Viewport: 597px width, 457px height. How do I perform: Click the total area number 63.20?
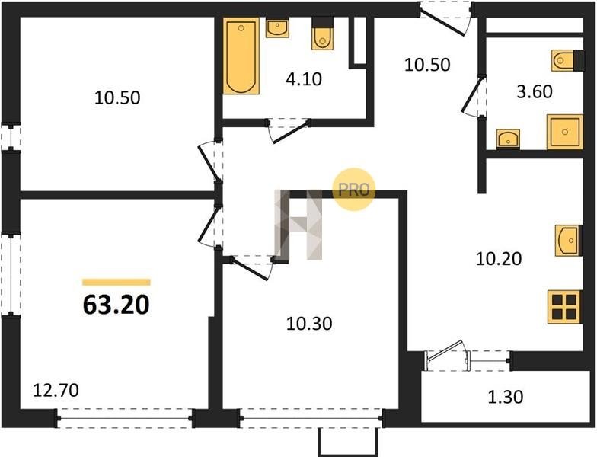[x=116, y=305]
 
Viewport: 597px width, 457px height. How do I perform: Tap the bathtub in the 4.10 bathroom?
[x=241, y=56]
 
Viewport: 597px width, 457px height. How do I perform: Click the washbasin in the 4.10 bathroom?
[x=277, y=27]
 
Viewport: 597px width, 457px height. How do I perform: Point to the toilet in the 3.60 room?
[x=567, y=60]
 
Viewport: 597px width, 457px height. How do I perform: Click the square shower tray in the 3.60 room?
[x=565, y=132]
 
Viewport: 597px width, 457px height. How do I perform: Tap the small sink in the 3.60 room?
[x=508, y=139]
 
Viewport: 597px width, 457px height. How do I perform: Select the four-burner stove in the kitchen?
[x=565, y=307]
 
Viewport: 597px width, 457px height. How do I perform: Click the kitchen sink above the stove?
[x=568, y=241]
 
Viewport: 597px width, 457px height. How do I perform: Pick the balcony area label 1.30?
[x=506, y=397]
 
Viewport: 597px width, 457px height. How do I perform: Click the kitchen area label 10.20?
[x=499, y=259]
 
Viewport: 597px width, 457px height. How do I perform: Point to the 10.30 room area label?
[x=309, y=324]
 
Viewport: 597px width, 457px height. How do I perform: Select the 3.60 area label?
[x=535, y=91]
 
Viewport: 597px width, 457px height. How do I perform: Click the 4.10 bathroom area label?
[x=304, y=79]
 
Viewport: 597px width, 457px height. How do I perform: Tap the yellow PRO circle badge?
[x=353, y=189]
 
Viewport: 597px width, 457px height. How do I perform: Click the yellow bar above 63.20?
[x=117, y=282]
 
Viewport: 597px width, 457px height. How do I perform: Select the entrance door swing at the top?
[x=445, y=19]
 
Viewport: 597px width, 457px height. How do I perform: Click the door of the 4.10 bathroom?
[x=289, y=129]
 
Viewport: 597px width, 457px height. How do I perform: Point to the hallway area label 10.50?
[x=427, y=65]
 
